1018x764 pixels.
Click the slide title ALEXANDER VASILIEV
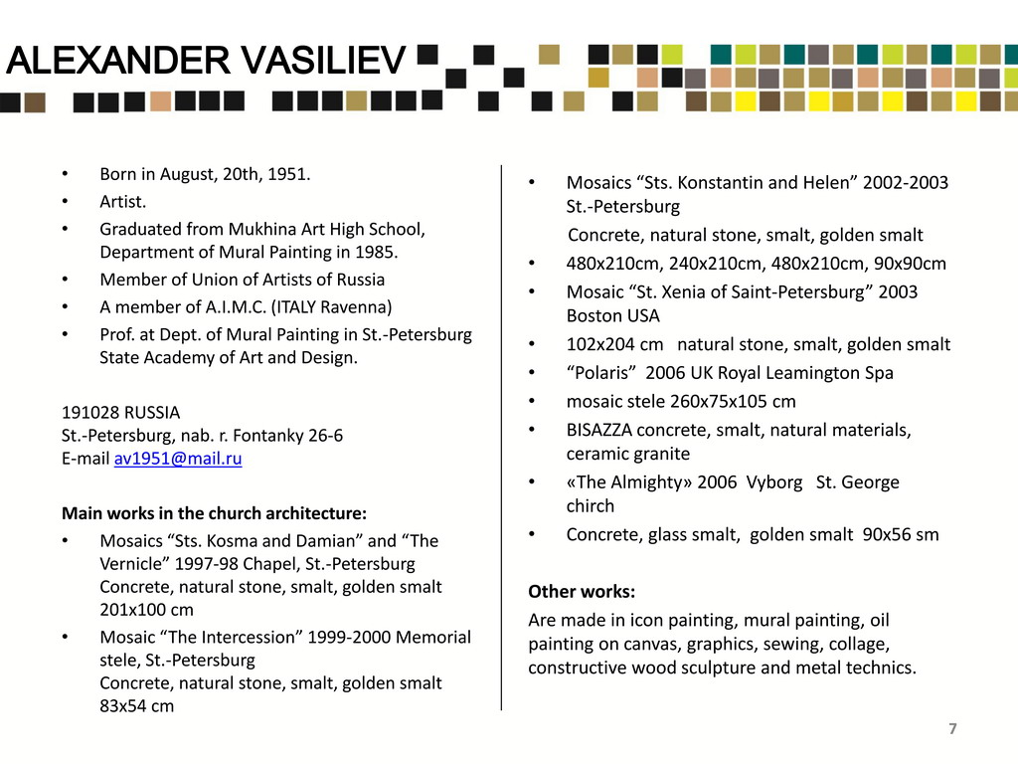tap(206, 63)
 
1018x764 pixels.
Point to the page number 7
tap(952, 729)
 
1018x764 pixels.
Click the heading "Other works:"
tap(582, 592)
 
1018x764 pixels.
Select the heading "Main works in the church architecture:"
tap(214, 513)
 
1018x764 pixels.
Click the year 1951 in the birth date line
tap(289, 175)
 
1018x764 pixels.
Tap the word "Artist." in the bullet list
tap(122, 202)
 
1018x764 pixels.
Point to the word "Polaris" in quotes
tap(601, 373)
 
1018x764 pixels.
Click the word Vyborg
tap(775, 482)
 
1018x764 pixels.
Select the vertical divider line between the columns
tap(501, 438)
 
